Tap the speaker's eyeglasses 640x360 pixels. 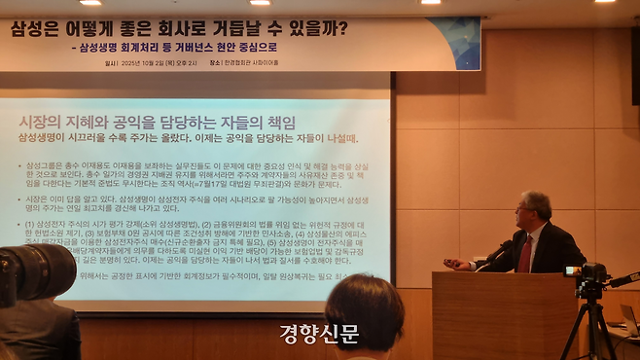click(524, 210)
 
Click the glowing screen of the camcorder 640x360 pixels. click(571, 271)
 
